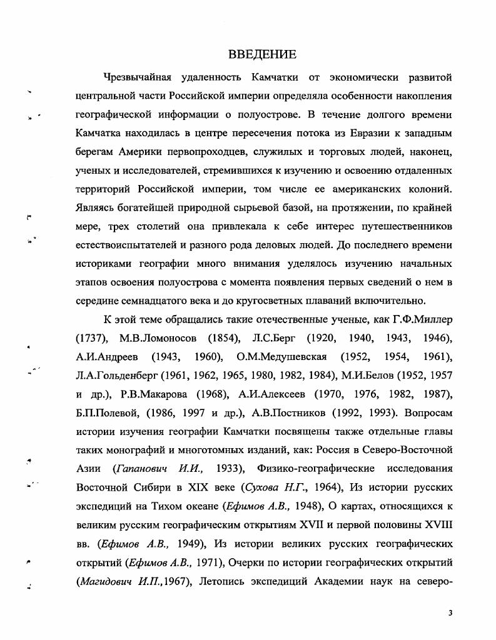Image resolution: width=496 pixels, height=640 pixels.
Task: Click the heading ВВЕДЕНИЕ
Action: tap(263, 54)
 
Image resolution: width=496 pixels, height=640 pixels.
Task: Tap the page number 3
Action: tap(450, 613)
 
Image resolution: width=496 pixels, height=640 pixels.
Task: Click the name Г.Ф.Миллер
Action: tap(422, 319)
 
